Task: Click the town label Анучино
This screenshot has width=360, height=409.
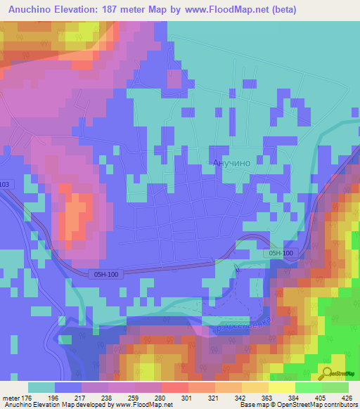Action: coord(231,162)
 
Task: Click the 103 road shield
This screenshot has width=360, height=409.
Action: coord(6,184)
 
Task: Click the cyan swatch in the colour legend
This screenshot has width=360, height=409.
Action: coord(41,387)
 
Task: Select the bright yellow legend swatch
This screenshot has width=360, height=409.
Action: coord(281,387)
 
